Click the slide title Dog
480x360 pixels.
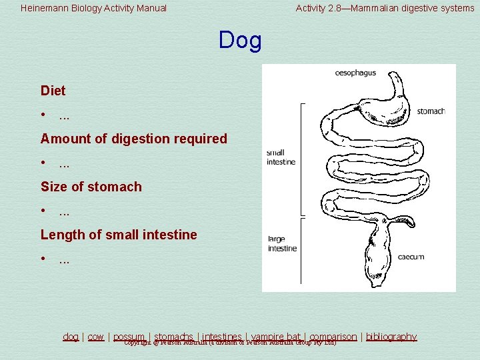pos(240,41)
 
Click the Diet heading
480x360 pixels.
pos(53,90)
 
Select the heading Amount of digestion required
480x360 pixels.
pos(133,139)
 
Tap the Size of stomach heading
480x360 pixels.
pos(91,187)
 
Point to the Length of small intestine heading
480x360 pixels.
pos(119,235)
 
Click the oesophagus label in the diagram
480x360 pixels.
pos(355,73)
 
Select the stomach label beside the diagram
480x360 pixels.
pos(431,111)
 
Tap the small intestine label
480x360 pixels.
pos(275,157)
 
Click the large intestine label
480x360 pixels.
pos(281,244)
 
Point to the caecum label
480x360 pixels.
pos(411,257)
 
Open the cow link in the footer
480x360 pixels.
pos(96,337)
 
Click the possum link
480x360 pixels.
pos(129,337)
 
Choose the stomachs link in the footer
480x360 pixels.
pos(173,337)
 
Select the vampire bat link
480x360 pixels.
pos(276,337)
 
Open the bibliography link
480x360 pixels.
pos(391,337)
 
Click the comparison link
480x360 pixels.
pos(333,337)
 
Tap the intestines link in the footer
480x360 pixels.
pos(222,337)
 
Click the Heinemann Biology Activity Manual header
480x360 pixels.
pos(94,9)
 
